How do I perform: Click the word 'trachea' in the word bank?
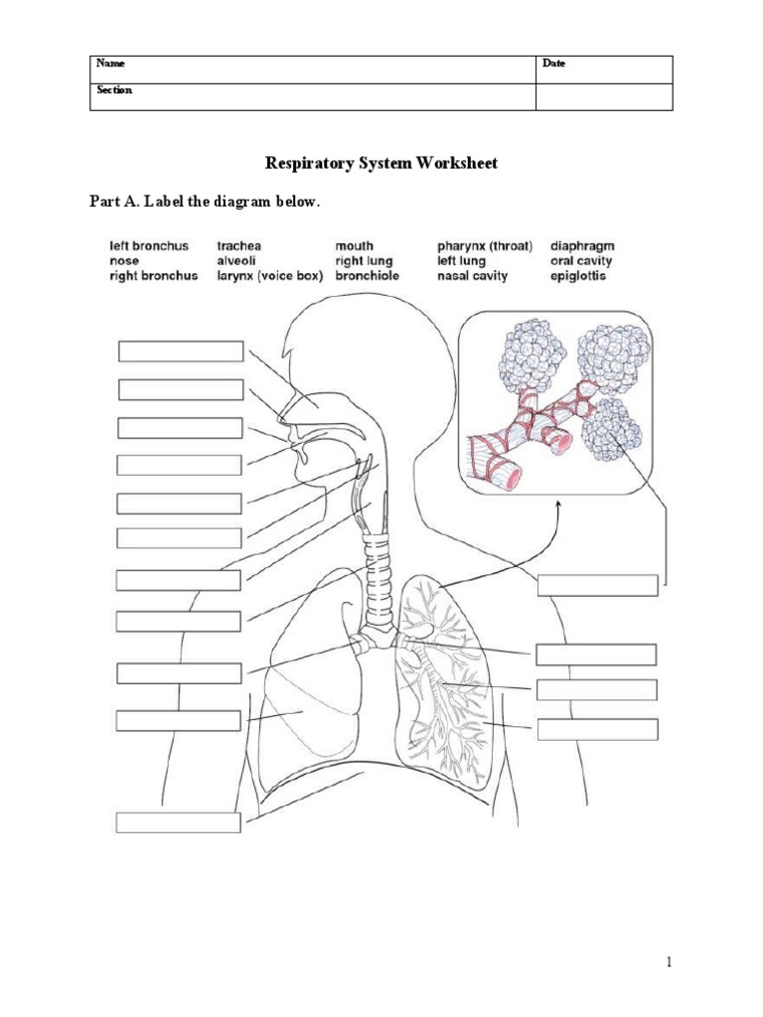coord(239,244)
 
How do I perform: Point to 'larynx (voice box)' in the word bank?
coord(270,275)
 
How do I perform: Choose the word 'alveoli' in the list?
coord(238,260)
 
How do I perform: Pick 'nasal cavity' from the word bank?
coord(472,275)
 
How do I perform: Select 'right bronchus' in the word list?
coord(153,275)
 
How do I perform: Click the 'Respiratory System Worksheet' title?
coord(381,162)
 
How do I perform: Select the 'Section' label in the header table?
coord(114,89)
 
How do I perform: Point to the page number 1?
coord(671,961)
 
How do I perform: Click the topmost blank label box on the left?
coord(180,352)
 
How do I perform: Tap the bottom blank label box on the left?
coord(179,821)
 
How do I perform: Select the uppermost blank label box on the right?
coord(597,584)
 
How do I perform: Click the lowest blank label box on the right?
coord(597,730)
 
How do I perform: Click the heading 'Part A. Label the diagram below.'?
coord(206,202)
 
